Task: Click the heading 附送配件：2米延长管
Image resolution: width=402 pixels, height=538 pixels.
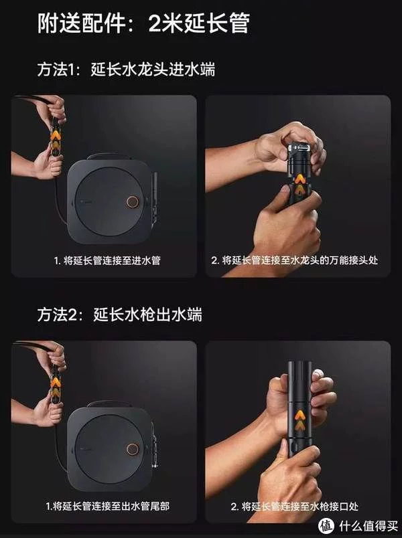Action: pos(143,23)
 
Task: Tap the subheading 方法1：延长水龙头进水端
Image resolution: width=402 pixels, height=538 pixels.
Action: pos(126,70)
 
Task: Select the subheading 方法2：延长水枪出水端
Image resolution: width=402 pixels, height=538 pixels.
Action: pos(119,315)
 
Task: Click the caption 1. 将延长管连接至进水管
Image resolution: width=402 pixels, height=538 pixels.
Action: pos(107,260)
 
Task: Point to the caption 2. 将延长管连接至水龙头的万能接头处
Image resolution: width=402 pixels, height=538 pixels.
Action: pos(294,260)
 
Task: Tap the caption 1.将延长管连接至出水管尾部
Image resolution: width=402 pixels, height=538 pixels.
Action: pos(107,506)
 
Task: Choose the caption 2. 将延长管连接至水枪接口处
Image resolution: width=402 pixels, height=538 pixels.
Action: pos(294,506)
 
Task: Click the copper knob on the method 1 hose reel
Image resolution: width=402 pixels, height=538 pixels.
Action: pos(132,203)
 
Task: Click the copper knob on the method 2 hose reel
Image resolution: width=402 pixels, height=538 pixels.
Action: pos(132,448)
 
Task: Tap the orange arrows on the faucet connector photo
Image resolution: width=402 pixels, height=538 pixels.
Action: pos(299,183)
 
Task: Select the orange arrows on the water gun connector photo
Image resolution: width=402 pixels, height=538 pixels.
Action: pos(299,420)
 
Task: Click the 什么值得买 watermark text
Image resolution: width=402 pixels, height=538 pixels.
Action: pos(368,526)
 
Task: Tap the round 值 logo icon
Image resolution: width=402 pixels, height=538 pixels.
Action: pos(326,526)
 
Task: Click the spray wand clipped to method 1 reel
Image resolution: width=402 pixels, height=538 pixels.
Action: pos(155,197)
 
